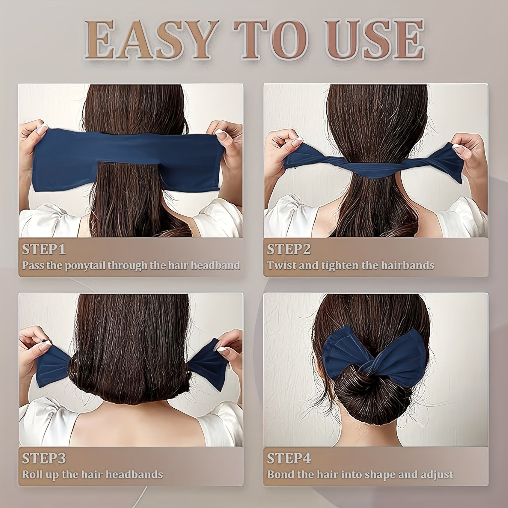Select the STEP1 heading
[x=43, y=250]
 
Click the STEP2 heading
[x=289, y=250]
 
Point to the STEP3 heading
[x=44, y=458]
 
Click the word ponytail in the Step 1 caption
[x=85, y=265]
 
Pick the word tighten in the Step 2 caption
[x=341, y=265]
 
